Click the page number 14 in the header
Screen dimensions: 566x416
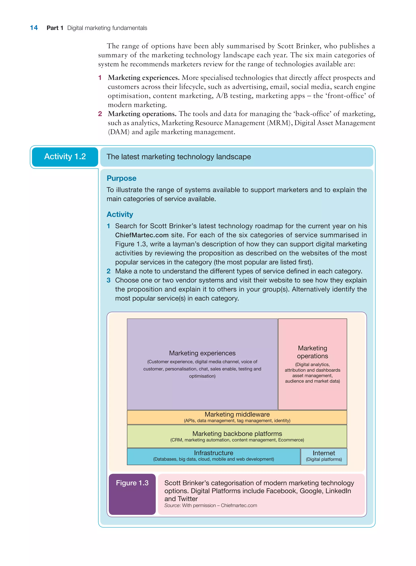coord(34,28)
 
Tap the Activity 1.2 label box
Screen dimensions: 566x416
coord(65,157)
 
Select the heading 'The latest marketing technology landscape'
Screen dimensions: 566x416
coord(179,157)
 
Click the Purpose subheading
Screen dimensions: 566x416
coord(121,178)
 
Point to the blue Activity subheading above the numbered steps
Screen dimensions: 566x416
coord(120,214)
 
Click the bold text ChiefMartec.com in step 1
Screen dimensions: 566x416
coord(142,235)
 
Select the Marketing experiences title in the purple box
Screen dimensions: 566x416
coord(202,353)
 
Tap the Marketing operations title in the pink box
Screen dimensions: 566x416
coord(312,352)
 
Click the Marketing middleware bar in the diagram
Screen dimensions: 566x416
coord(237,417)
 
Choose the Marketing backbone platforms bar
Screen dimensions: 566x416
coord(237,436)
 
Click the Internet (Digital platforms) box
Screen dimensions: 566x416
coord(324,456)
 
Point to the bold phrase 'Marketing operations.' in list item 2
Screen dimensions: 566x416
coord(142,114)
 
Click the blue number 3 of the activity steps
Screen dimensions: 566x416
coord(108,280)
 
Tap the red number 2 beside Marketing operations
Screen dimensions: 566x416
coord(100,114)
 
